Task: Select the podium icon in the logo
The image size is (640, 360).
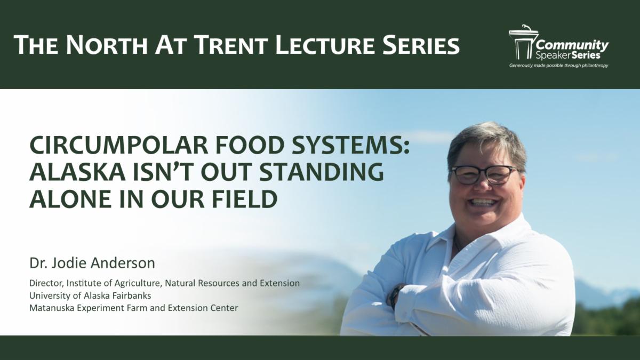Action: (522, 42)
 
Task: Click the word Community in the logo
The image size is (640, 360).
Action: (572, 45)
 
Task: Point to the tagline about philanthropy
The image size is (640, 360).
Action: (558, 66)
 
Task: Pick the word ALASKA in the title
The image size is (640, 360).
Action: (77, 171)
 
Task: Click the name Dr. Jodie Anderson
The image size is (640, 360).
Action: (92, 263)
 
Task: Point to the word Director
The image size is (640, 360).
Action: (46, 283)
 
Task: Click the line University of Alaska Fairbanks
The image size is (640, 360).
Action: (90, 295)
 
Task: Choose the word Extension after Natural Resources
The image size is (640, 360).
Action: (279, 283)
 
